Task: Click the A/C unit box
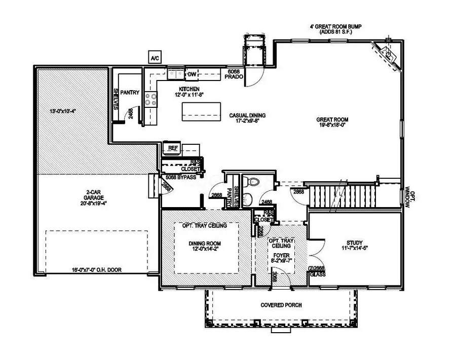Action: point(154,57)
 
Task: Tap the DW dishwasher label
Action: point(192,75)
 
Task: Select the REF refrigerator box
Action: point(169,147)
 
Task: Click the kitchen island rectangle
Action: point(202,110)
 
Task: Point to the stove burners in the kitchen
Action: point(150,98)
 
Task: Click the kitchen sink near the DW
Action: point(176,75)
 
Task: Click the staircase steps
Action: point(343,194)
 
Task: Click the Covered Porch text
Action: point(281,305)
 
